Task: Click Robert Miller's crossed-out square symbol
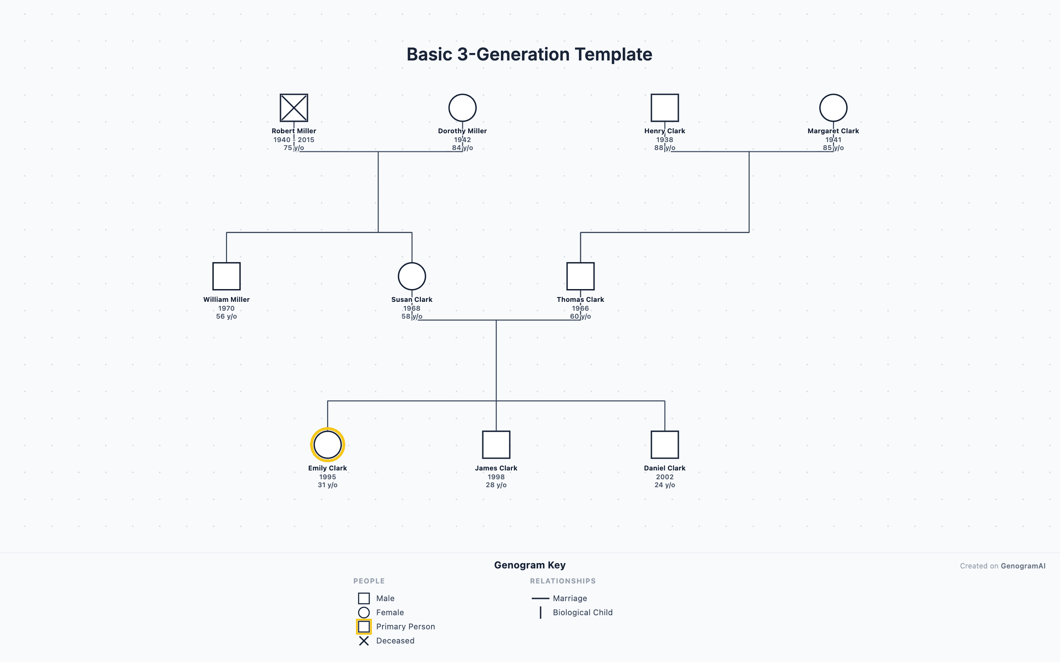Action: coord(294,108)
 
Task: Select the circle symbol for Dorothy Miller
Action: coord(462,108)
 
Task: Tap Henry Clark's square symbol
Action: coord(665,108)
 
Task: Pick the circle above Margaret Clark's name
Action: coord(833,108)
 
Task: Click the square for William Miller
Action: coord(227,276)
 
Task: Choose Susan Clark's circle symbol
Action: coord(412,276)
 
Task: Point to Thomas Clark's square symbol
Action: coord(580,276)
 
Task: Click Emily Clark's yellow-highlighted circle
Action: coord(327,444)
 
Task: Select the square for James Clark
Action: coord(496,445)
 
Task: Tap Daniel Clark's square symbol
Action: coord(665,445)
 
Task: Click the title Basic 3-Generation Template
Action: coord(529,54)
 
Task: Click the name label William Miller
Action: coord(227,300)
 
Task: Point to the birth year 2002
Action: coord(665,477)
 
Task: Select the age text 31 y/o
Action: coord(327,485)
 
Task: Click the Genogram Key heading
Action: coord(530,565)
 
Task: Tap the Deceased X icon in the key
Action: coord(364,641)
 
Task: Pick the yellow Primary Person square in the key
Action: coord(364,627)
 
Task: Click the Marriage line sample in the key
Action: coord(540,598)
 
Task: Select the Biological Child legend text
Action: coord(583,613)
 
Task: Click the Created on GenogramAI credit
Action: coord(1003,566)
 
